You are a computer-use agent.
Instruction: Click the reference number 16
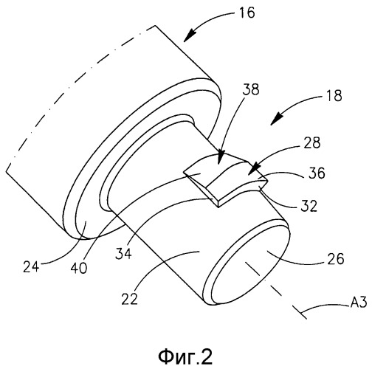pos(247,13)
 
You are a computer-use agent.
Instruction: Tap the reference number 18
pos(334,95)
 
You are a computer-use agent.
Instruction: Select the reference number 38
pos(251,89)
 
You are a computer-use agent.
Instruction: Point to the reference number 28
pos(311,142)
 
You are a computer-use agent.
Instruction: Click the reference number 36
pos(317,173)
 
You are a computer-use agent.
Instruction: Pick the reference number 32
pos(309,206)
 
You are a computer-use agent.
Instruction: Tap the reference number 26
pos(335,258)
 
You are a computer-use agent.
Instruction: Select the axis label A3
pos(358,302)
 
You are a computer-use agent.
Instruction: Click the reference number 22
pos(129,299)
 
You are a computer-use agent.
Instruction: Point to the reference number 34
pos(123,253)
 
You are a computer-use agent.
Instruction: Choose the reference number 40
pos(79,268)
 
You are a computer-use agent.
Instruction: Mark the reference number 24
pos(31,266)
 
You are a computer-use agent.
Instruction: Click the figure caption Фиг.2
pos(185,357)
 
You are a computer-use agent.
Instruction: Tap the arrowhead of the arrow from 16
pos(188,37)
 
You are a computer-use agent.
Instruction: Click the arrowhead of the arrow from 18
pos(275,120)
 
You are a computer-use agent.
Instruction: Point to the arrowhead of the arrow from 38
pos(221,158)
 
